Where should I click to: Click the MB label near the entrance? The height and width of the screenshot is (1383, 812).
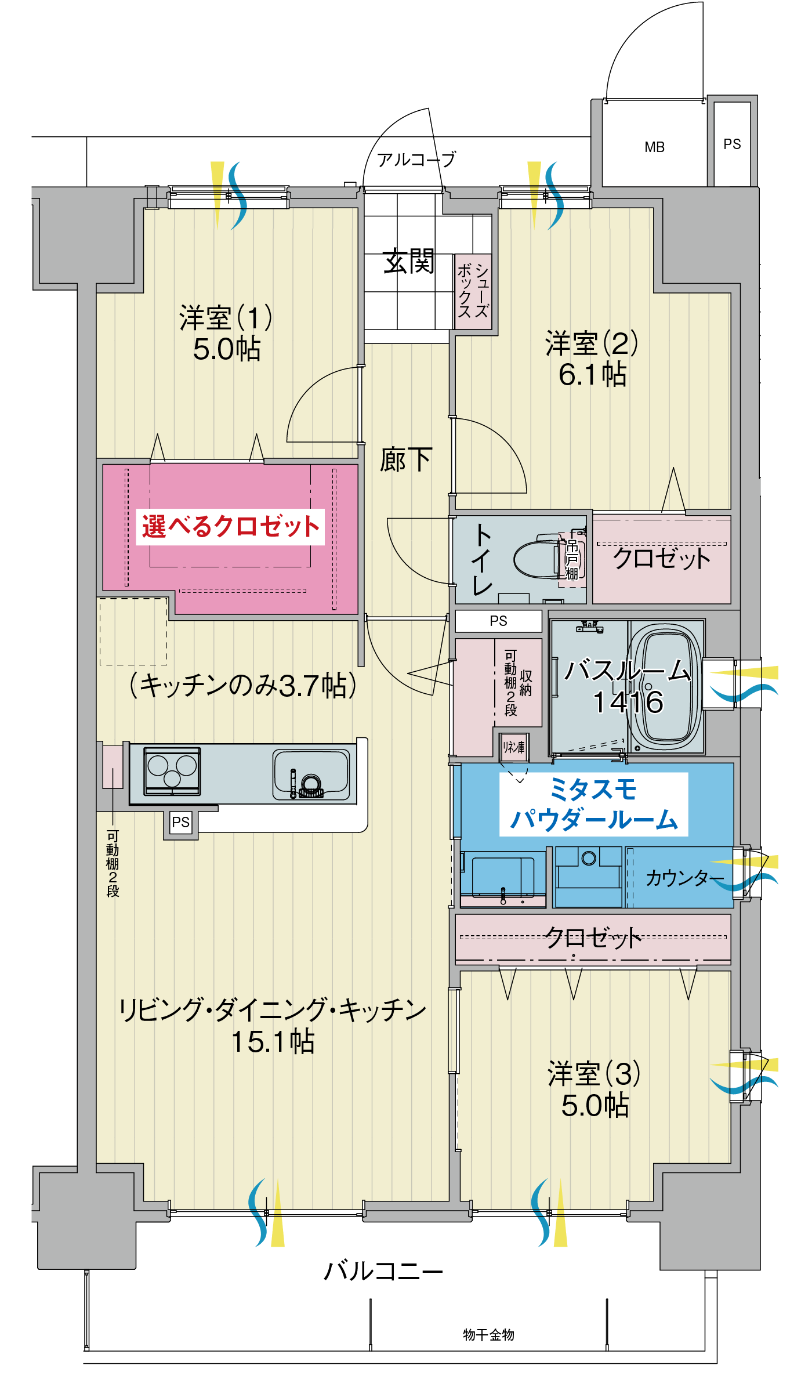[x=654, y=147]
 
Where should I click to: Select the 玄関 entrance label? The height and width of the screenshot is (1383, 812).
[x=408, y=262]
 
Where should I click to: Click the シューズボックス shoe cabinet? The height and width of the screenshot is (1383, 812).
[x=473, y=291]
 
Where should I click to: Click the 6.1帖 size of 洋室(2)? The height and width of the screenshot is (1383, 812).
[x=592, y=375]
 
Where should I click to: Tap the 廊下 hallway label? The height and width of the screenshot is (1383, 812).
[x=405, y=461]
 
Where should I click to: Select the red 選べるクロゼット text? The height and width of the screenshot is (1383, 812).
[x=230, y=527]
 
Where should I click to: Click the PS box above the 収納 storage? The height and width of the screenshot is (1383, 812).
[x=498, y=621]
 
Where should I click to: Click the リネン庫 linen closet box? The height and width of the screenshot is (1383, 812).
[x=514, y=747]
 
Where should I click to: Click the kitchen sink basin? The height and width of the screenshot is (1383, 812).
[x=311, y=774]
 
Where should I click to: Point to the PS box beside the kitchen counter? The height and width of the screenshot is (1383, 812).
[x=180, y=823]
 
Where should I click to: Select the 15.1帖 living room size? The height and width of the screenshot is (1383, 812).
[x=273, y=1042]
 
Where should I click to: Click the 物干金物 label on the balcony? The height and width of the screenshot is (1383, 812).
[x=488, y=1335]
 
